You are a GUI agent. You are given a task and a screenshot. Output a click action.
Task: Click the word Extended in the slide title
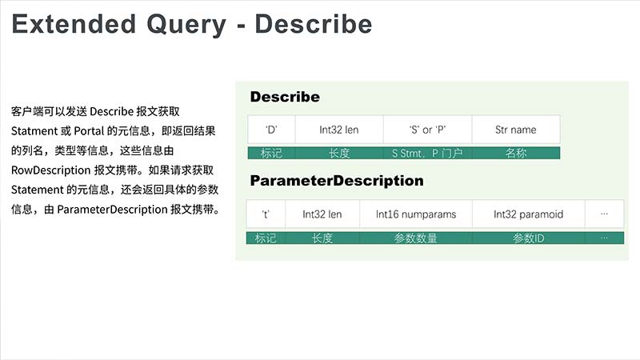[x=74, y=24]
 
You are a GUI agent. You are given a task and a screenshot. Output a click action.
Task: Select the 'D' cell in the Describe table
[x=271, y=130]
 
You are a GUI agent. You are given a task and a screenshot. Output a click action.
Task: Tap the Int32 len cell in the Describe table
[x=338, y=130]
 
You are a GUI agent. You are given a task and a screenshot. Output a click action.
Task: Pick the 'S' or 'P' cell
[x=427, y=130]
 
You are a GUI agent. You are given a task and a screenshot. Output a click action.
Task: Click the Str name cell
[x=515, y=130]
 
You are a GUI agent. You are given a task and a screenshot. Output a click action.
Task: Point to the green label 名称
[x=515, y=153]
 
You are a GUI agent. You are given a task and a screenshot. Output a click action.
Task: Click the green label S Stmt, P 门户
[x=427, y=153]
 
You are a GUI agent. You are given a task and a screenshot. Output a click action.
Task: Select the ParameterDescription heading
[x=337, y=181]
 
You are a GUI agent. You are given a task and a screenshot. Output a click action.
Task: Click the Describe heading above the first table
[x=285, y=97]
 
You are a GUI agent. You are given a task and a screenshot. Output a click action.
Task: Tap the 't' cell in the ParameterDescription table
[x=266, y=214]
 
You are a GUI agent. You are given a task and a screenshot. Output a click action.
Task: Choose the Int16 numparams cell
[x=416, y=214]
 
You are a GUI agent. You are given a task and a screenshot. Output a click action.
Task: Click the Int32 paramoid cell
[x=528, y=214]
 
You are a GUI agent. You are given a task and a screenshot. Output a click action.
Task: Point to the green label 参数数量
[x=415, y=238]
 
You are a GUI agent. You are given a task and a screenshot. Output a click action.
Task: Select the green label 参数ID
[x=528, y=238]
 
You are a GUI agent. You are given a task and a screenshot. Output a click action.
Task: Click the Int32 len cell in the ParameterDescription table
[x=322, y=214]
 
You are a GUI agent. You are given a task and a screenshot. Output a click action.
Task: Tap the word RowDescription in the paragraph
[x=51, y=170]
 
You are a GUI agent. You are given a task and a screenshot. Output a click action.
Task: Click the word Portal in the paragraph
[x=89, y=131]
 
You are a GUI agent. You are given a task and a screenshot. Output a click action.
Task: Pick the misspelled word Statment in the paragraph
[x=34, y=131]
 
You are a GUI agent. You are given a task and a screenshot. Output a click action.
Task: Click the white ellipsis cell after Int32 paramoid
[x=605, y=214]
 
